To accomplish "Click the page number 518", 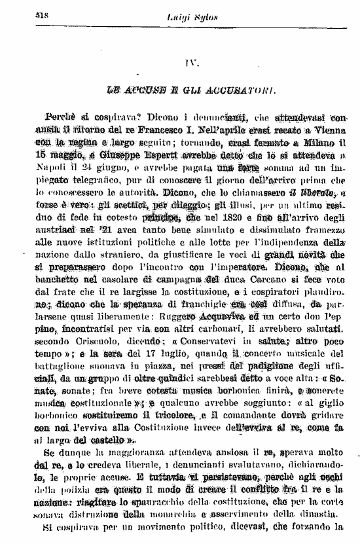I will point(24,14).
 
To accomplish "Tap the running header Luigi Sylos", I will point(191,14).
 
